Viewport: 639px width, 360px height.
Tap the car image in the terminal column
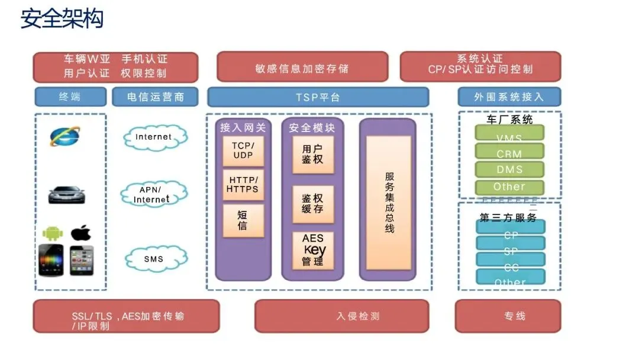click(x=66, y=194)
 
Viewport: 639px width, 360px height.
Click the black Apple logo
click(x=80, y=233)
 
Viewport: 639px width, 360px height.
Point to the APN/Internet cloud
click(x=154, y=194)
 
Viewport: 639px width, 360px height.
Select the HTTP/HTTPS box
click(x=243, y=185)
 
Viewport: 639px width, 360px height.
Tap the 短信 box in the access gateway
click(x=243, y=220)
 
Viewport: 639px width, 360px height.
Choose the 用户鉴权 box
click(x=312, y=155)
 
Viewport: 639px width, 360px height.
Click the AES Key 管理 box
click(x=313, y=250)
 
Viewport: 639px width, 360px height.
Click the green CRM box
click(x=509, y=153)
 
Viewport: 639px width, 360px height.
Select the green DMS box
click(x=509, y=170)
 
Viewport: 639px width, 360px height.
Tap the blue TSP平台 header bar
click(x=318, y=97)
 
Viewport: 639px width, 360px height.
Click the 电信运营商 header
click(x=156, y=97)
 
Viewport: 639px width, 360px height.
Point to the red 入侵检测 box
click(x=341, y=316)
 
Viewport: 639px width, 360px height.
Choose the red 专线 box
click(x=508, y=316)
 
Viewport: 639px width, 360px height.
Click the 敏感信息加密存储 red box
click(x=302, y=67)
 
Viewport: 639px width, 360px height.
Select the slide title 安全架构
click(x=62, y=19)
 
